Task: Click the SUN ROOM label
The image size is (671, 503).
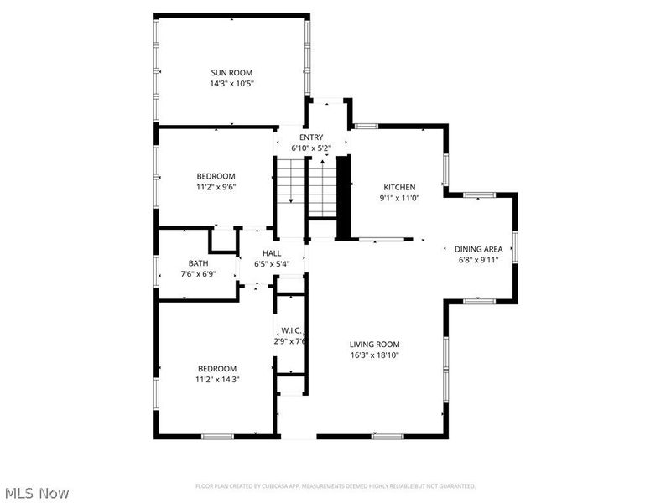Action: coord(231,73)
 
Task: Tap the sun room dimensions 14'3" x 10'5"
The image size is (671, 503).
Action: coord(231,84)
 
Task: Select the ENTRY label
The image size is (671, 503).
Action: coord(311,137)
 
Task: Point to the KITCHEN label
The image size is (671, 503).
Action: coord(399,187)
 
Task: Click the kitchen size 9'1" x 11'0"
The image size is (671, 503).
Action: coord(399,198)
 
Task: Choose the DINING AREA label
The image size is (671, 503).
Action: coord(478,249)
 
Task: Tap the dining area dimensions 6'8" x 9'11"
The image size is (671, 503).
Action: coord(478,260)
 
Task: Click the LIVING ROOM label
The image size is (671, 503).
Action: coord(374,344)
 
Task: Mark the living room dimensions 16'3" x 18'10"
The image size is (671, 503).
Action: coord(374,355)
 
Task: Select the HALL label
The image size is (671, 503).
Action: coord(272,253)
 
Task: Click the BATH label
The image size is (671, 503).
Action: coord(198,263)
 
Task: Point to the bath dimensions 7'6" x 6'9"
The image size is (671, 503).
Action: coord(198,274)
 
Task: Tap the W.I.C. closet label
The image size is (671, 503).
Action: coord(291,329)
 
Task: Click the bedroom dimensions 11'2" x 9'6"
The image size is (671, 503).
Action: coord(216,187)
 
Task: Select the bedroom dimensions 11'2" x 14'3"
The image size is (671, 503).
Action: coord(217,380)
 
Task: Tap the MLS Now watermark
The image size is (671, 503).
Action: coord(36,493)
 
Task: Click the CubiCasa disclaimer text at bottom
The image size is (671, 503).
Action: coord(335,486)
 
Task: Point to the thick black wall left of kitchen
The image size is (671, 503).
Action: coord(342,198)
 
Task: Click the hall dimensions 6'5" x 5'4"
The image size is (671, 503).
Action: coord(272,264)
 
